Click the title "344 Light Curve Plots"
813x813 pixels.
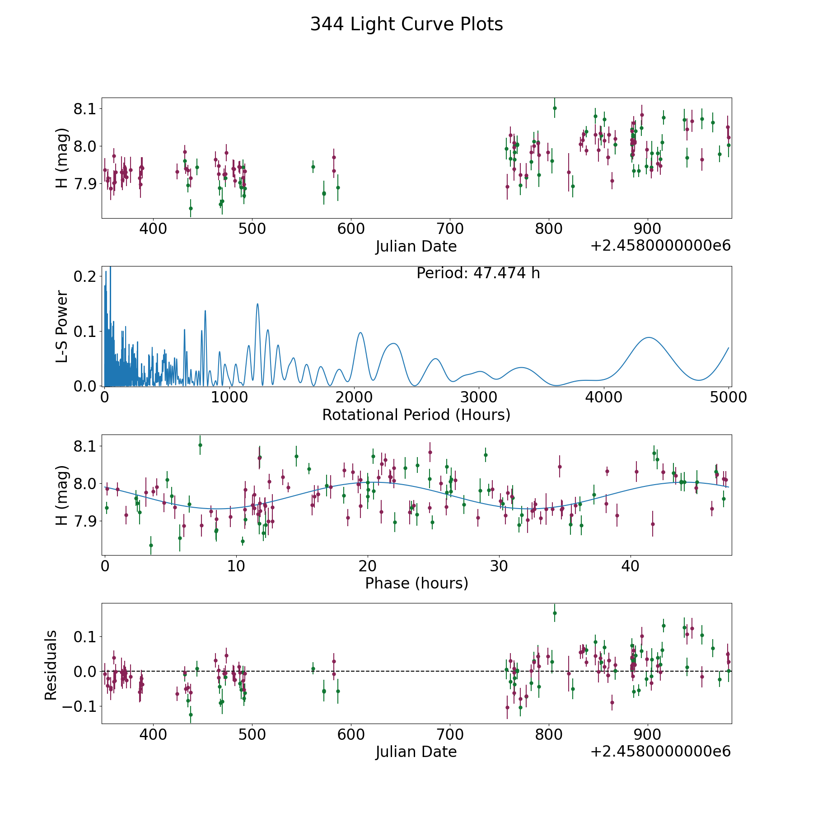coord(406,24)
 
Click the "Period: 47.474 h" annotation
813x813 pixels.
coord(478,273)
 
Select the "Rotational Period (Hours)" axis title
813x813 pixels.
coord(416,415)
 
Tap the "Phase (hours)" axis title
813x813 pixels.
coord(416,583)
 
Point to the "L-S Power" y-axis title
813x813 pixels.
coord(62,326)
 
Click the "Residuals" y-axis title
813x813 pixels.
coord(51,665)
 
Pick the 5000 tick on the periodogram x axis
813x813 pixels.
coord(729,397)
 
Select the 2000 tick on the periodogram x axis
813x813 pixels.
coord(354,397)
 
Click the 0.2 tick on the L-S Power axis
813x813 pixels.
coord(85,276)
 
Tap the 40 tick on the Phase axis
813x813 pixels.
coord(631,566)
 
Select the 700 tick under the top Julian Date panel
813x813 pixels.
coord(450,229)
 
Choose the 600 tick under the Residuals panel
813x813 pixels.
coord(351,735)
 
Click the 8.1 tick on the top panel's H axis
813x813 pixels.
coord(85,109)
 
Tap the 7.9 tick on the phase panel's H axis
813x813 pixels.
coord(85,521)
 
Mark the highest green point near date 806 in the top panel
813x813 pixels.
coord(555,108)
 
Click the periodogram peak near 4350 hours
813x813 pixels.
coord(649,337)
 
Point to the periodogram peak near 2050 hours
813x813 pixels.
coord(360,332)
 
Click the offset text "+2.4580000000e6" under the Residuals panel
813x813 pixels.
coord(660,752)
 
